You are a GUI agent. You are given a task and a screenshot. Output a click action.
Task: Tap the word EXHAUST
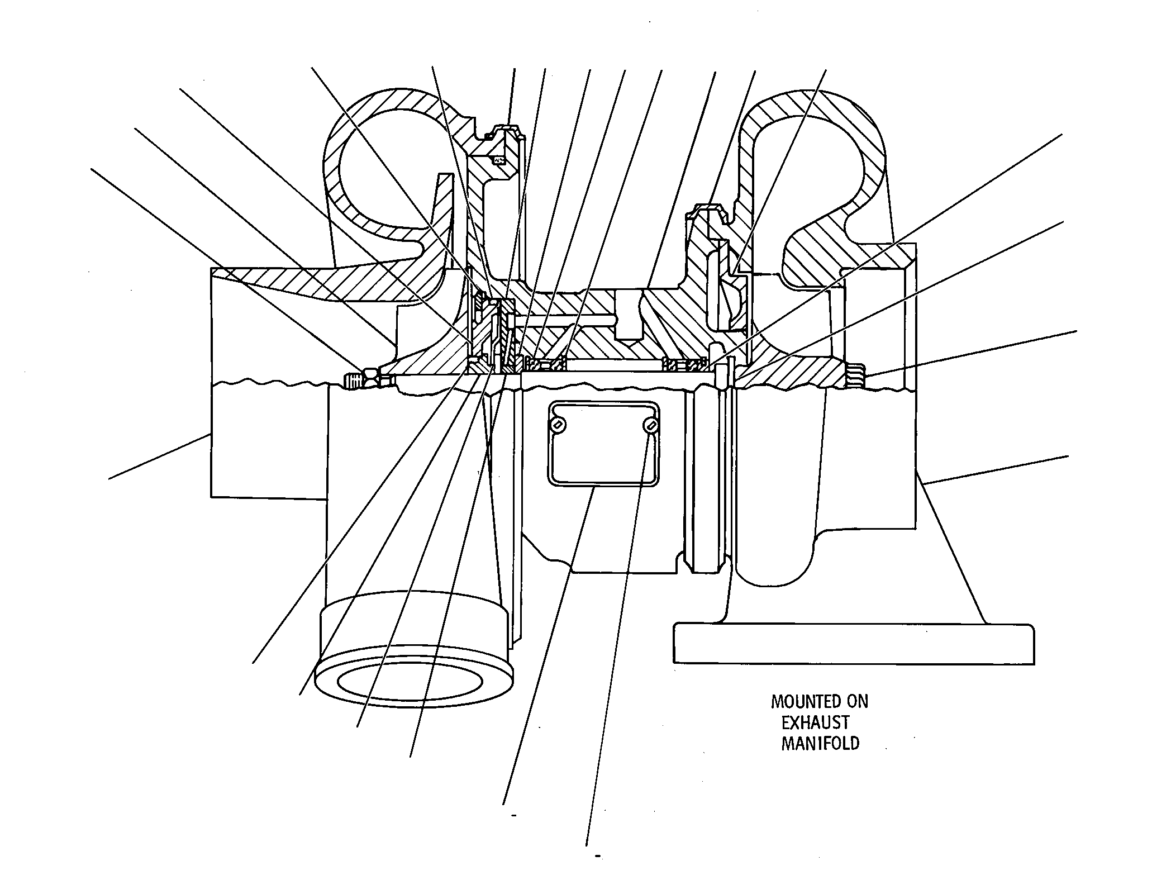tap(815, 723)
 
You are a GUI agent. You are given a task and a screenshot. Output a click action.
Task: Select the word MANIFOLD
tap(820, 744)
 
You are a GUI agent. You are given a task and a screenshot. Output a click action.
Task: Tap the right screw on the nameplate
tap(650, 426)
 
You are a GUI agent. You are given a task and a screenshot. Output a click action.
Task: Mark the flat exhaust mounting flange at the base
tap(854, 644)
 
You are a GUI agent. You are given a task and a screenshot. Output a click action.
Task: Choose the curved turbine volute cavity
tap(813, 184)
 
